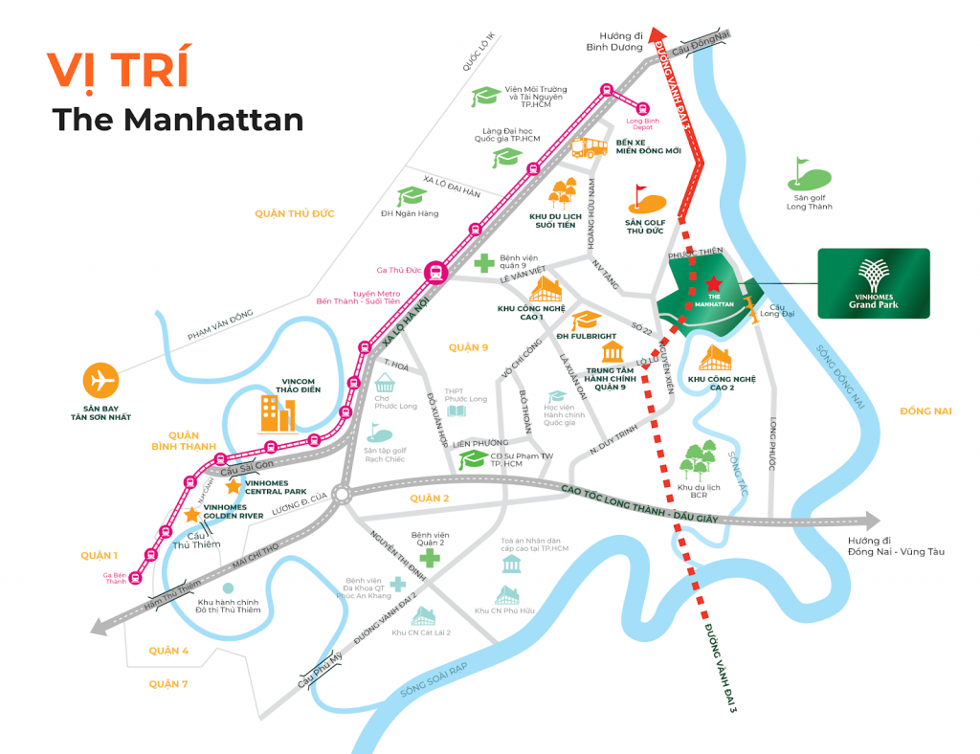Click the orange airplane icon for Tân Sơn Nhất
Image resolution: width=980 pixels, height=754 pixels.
(x=100, y=381)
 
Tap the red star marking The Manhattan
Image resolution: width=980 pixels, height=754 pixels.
(x=714, y=283)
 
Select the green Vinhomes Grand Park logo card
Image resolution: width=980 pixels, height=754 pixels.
(x=873, y=284)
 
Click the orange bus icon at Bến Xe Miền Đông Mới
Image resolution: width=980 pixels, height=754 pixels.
(x=590, y=146)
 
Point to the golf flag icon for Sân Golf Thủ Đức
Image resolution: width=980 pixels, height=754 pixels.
(x=646, y=199)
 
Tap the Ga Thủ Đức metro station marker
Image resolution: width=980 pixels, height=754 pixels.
(x=436, y=271)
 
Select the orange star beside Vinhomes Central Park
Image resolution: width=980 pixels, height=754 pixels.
(x=233, y=486)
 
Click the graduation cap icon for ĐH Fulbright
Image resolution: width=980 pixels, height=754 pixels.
(x=587, y=320)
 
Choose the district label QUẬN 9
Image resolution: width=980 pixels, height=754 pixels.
(x=469, y=347)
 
